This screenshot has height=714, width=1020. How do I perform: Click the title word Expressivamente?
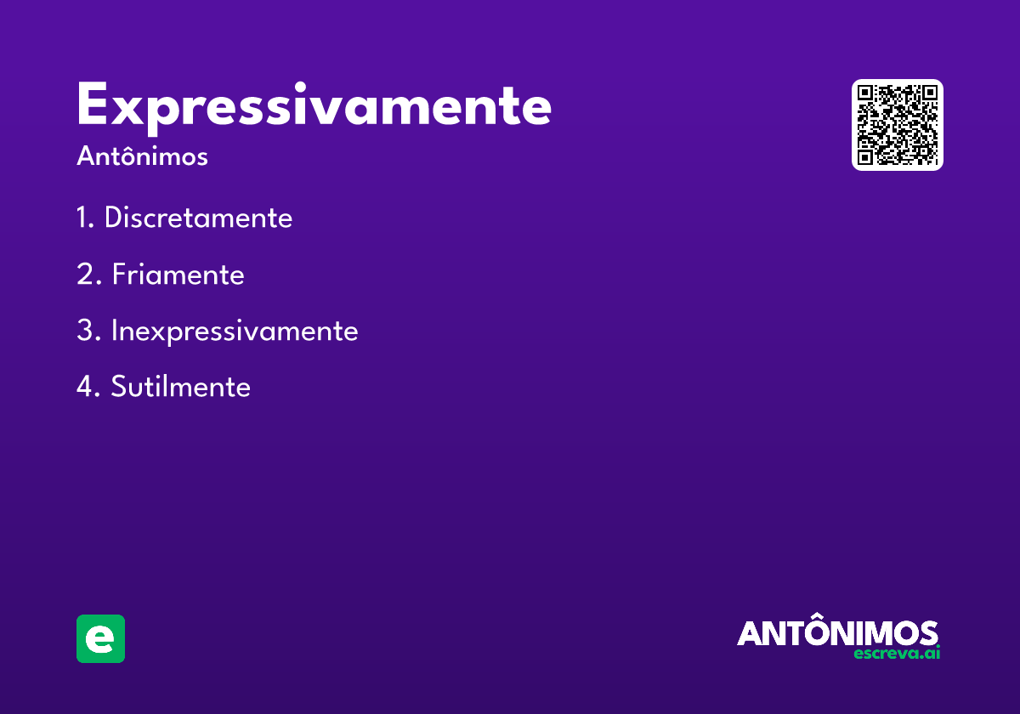[x=314, y=107]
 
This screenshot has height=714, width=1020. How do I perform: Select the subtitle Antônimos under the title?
[x=142, y=157]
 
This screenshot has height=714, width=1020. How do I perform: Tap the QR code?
[x=898, y=125]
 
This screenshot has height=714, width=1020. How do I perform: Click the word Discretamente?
[x=198, y=218]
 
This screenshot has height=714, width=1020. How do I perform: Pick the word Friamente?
[x=178, y=275]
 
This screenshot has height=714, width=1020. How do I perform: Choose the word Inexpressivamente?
[x=235, y=331]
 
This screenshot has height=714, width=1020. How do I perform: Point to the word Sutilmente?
[x=180, y=388]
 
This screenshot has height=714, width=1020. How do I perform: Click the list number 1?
[x=82, y=218]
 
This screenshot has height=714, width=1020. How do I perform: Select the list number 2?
[x=85, y=275]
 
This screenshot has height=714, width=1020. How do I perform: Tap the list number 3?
[x=85, y=331]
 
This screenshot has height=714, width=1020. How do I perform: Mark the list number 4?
[x=85, y=388]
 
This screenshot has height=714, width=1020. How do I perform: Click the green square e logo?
[x=100, y=638]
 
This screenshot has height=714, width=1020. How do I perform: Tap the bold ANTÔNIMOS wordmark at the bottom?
[x=837, y=633]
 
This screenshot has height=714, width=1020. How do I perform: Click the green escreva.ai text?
[x=898, y=654]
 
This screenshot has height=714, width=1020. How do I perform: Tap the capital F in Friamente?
[x=119, y=275]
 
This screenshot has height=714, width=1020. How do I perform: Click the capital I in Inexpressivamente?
[x=114, y=331]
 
